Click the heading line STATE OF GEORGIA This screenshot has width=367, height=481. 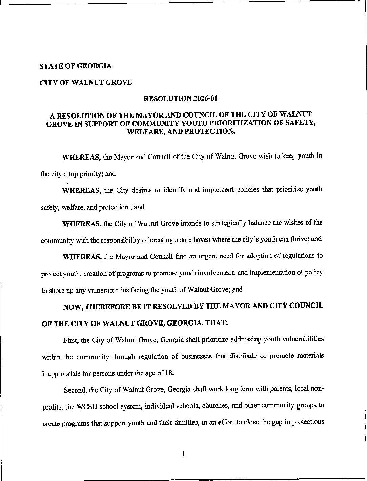tap(76, 66)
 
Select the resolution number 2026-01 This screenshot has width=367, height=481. tap(205, 99)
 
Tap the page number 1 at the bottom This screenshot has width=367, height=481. tap(183, 454)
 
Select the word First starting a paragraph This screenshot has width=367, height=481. tap(70, 340)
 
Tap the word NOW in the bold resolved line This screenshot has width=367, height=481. tap(72, 307)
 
